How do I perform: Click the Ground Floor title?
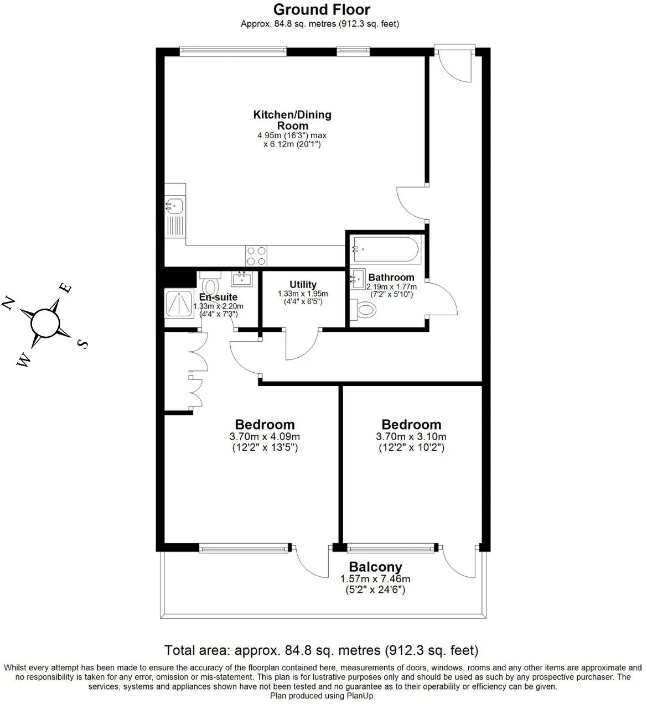click(322, 9)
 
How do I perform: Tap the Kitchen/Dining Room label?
click(292, 120)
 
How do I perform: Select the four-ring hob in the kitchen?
click(256, 256)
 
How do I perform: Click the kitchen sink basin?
click(174, 206)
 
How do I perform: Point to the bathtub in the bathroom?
click(385, 249)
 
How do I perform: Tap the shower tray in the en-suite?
click(179, 304)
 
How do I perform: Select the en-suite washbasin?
click(242, 279)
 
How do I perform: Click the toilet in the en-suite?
click(211, 284)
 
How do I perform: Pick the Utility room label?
click(303, 284)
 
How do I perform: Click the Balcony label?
click(375, 567)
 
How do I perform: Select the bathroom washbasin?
click(358, 279)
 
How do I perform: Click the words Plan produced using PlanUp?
click(323, 695)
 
